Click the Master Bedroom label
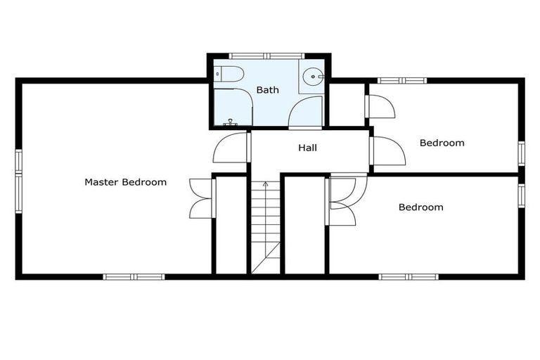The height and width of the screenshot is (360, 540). pos(125,182)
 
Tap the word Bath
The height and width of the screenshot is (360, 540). pos(267,90)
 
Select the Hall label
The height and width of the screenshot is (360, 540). pos(307,148)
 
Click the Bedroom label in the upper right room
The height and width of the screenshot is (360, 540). pos(442,143)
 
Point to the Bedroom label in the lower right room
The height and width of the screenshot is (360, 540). pos(420,207)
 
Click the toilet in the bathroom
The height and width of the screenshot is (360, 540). pos(229,72)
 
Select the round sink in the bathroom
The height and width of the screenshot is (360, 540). pos(312,77)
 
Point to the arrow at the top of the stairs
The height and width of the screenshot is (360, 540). pos(266,184)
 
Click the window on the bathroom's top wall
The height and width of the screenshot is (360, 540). pos(266,56)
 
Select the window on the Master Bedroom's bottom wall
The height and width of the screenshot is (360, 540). pos(134,276)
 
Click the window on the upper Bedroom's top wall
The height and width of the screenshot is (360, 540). pos(402,81)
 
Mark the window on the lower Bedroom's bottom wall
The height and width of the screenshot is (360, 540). pos(408,276)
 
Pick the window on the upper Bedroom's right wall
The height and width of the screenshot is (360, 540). pos(521,153)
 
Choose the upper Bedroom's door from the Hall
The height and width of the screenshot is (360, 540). pos(387,150)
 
